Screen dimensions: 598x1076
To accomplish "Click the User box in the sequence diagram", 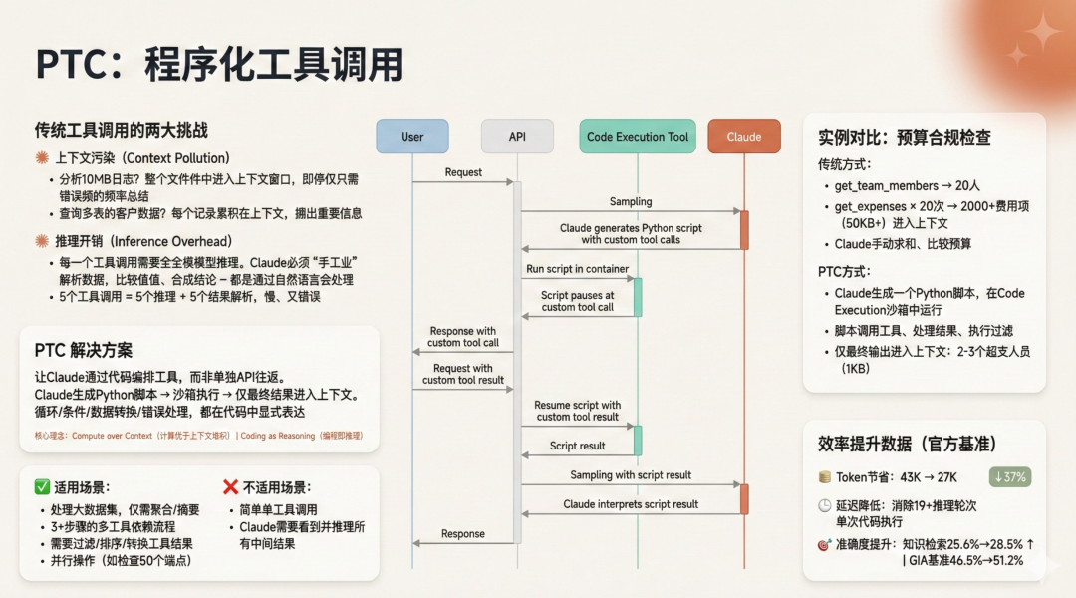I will coord(411,137).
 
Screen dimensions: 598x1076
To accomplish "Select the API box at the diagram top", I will coord(517,137).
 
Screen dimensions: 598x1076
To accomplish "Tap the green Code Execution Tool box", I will coord(638,137).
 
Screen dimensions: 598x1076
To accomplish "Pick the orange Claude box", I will coord(744,137).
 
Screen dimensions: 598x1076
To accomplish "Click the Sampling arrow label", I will coord(631,202).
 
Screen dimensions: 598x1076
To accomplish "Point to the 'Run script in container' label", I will coord(578,269).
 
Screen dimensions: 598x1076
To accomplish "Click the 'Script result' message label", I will coord(578,446).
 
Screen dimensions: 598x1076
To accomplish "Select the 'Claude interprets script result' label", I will coord(631,504).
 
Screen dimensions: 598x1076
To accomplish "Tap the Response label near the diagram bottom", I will coord(463,534).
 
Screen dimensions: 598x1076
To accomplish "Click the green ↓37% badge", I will coord(1009,476).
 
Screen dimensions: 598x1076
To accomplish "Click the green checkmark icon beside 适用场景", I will coord(42,487).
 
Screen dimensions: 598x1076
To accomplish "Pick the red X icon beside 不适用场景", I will coord(230,487).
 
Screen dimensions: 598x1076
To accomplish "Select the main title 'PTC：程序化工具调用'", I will coord(219,65).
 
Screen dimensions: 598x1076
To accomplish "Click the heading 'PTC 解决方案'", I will coord(84,350).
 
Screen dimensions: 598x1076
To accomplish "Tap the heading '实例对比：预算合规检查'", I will coord(905,138).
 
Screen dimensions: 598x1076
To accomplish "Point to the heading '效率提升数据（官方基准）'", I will coord(908,444).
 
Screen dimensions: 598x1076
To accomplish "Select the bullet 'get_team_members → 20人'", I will coord(887,186).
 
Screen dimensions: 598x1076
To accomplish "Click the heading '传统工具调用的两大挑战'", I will coord(122,131).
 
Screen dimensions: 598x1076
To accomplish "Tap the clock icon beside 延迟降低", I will coord(825,505).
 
